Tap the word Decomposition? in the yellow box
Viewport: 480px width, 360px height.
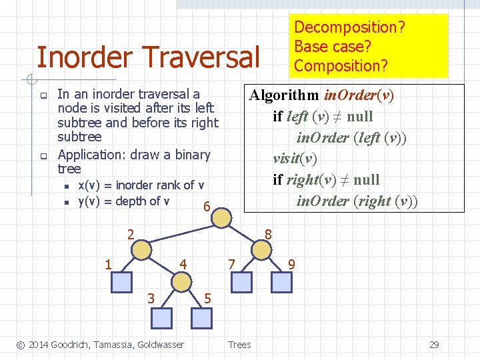point(350,27)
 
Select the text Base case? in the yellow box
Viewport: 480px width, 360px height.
point(332,47)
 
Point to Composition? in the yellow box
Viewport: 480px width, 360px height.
point(341,65)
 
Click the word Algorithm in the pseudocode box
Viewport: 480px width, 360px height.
point(283,95)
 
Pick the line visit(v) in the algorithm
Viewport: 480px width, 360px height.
point(295,159)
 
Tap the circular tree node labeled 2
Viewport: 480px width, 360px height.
point(142,249)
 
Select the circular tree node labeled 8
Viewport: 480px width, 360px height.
point(261,249)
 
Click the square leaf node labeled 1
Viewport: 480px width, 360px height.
point(121,283)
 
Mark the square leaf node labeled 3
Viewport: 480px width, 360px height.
point(161,317)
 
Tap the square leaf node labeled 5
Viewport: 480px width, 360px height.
point(201,317)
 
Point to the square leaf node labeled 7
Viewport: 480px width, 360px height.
point(242,283)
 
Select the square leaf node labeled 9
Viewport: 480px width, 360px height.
point(282,283)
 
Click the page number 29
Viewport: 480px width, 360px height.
point(434,345)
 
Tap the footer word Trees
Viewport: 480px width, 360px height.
point(239,345)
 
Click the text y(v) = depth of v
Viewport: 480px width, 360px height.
point(124,201)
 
